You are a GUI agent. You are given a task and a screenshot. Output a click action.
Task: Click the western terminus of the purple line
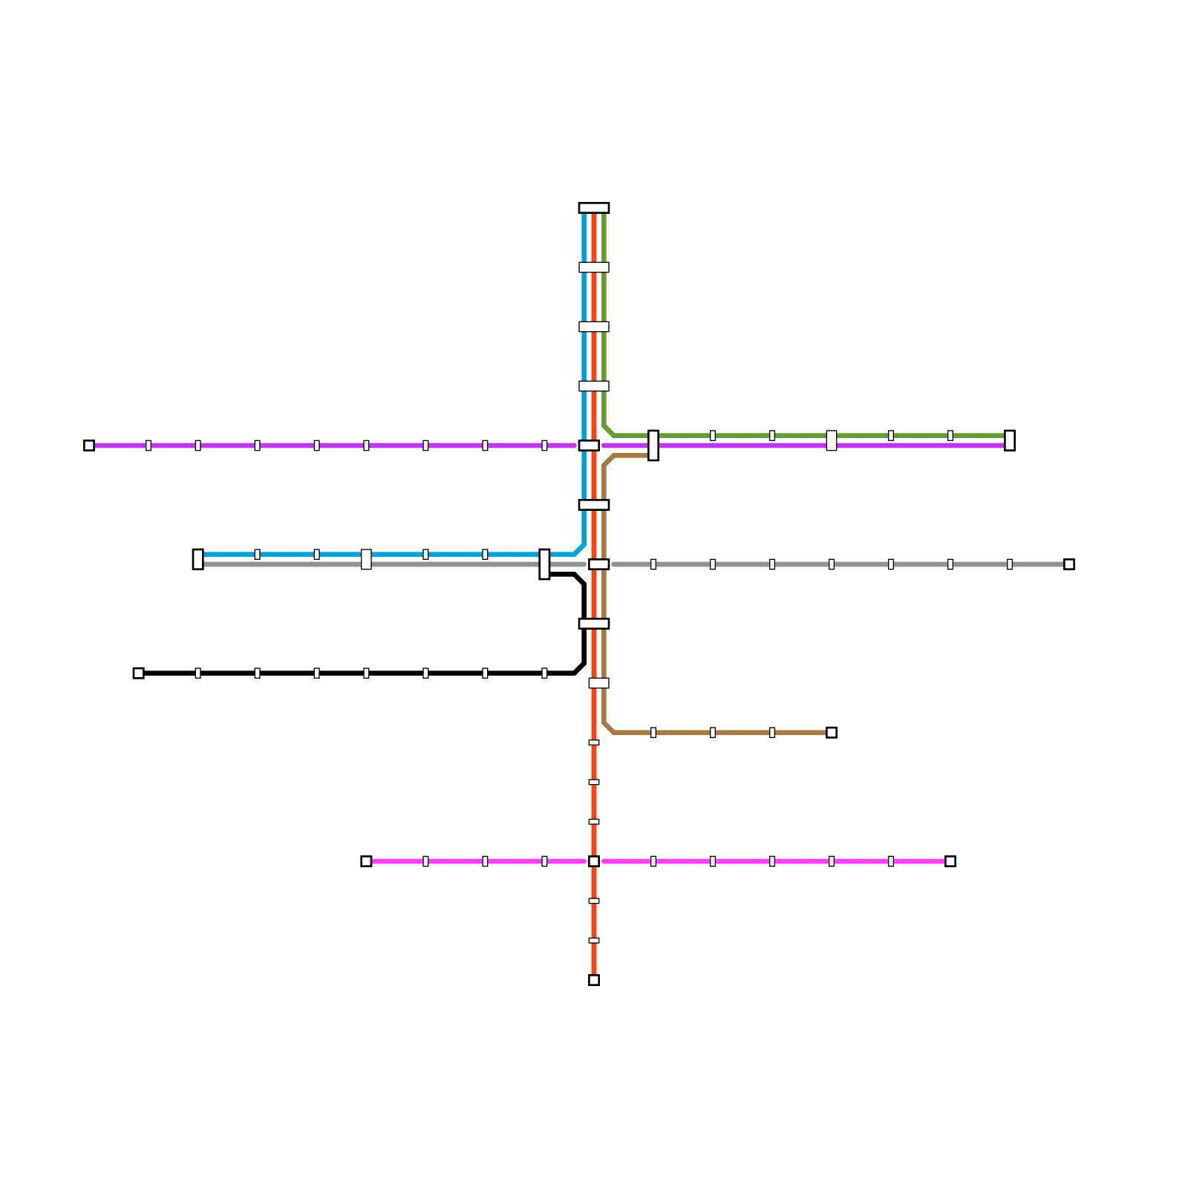[x=89, y=446]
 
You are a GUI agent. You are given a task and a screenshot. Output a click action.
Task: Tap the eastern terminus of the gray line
[x=1068, y=564]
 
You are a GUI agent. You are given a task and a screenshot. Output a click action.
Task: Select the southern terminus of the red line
[x=594, y=980]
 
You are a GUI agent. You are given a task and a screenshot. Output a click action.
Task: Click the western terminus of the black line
[x=138, y=673]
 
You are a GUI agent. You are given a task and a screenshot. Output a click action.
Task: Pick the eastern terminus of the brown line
[x=832, y=733]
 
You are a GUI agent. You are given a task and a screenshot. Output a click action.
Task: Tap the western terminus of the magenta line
[x=366, y=861]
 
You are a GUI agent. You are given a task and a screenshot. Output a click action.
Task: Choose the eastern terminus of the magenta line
[x=950, y=861]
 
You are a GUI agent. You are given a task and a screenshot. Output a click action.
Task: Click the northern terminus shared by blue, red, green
[x=594, y=208]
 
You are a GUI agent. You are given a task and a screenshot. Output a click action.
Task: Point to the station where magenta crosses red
[x=594, y=861]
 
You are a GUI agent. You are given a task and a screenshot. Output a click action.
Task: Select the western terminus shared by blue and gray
[x=198, y=559]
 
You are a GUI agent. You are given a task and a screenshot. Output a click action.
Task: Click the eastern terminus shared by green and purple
[x=1010, y=440]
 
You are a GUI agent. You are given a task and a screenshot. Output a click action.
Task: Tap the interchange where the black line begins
[x=544, y=564]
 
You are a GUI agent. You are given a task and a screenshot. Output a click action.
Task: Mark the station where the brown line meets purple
[x=653, y=446]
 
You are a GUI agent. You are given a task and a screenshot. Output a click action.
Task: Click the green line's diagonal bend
[x=609, y=431]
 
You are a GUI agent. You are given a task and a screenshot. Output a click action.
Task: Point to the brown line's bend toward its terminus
[x=609, y=728]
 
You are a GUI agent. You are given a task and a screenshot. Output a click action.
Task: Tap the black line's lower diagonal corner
[x=580, y=668]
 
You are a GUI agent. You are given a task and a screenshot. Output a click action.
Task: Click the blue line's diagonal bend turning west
[x=580, y=549]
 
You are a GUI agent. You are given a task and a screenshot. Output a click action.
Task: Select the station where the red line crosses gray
[x=598, y=564]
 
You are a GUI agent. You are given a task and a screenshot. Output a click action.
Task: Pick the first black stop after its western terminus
[x=198, y=673]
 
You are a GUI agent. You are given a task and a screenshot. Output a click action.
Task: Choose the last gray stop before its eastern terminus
[x=1010, y=564]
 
